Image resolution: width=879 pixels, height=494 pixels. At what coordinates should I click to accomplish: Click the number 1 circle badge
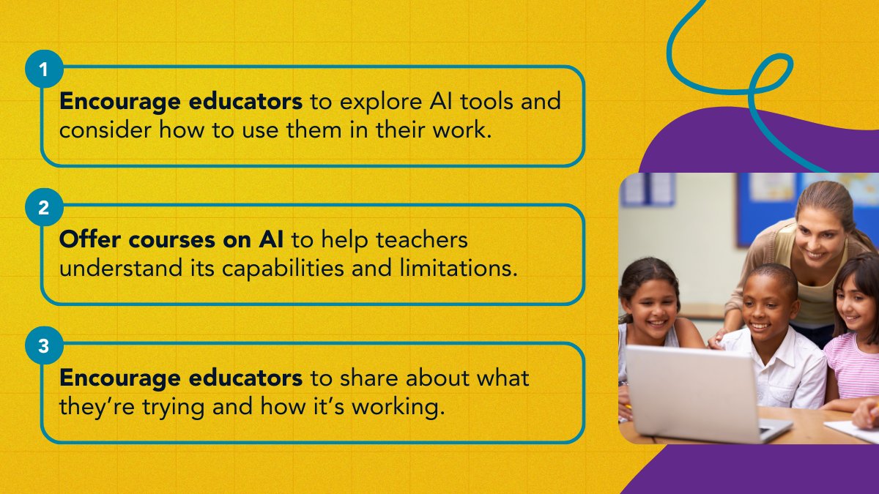point(44,71)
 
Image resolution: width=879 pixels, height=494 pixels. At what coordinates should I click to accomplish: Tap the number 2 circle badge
point(44,209)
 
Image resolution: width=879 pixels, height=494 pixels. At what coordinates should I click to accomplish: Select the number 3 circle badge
point(44,346)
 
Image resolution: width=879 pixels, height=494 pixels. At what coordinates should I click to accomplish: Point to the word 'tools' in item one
point(481,102)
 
